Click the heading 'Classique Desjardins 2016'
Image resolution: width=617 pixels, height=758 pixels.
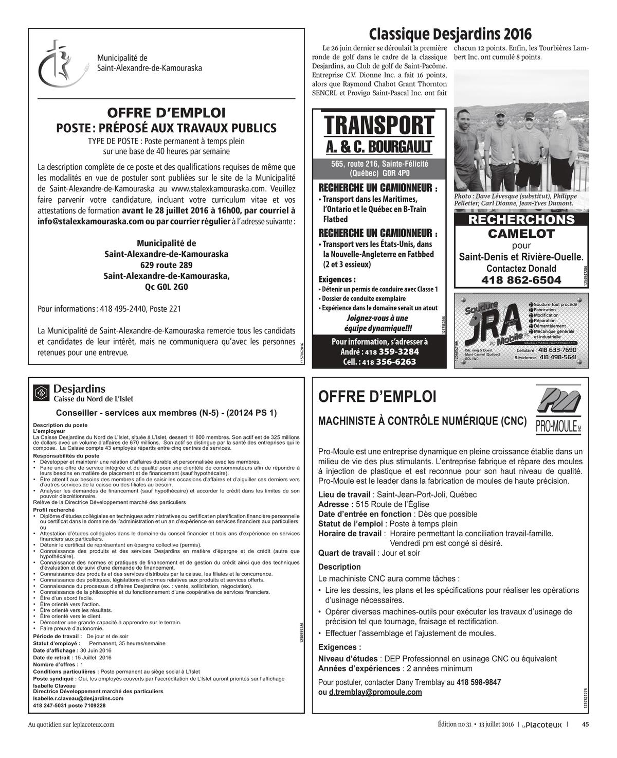(x=450, y=34)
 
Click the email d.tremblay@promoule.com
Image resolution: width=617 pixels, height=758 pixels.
(x=375, y=692)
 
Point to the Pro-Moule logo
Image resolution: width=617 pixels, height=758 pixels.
(x=558, y=411)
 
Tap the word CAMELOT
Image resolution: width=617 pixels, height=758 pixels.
(x=521, y=234)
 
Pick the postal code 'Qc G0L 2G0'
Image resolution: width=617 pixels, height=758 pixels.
(x=167, y=287)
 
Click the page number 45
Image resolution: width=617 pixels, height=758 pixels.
(x=585, y=725)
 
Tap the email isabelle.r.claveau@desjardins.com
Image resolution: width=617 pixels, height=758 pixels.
(x=78, y=698)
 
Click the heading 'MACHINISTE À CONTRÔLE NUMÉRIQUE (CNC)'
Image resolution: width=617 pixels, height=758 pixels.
(x=423, y=421)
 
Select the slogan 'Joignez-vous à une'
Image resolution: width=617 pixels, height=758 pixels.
(x=377, y=318)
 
